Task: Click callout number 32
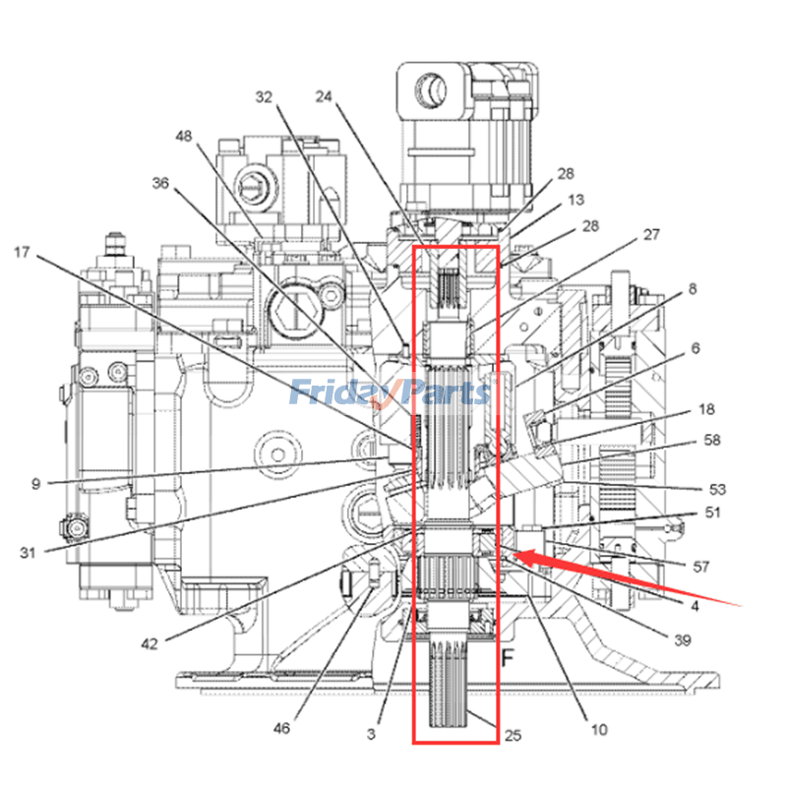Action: tap(263, 97)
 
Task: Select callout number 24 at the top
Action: tap(326, 96)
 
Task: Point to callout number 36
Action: tap(161, 183)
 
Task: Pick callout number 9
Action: tap(35, 483)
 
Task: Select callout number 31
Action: tap(28, 552)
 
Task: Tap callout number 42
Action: tap(150, 644)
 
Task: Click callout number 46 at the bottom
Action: tap(282, 729)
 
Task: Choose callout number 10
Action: tap(600, 729)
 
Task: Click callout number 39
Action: tap(682, 639)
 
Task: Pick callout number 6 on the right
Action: tap(695, 348)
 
